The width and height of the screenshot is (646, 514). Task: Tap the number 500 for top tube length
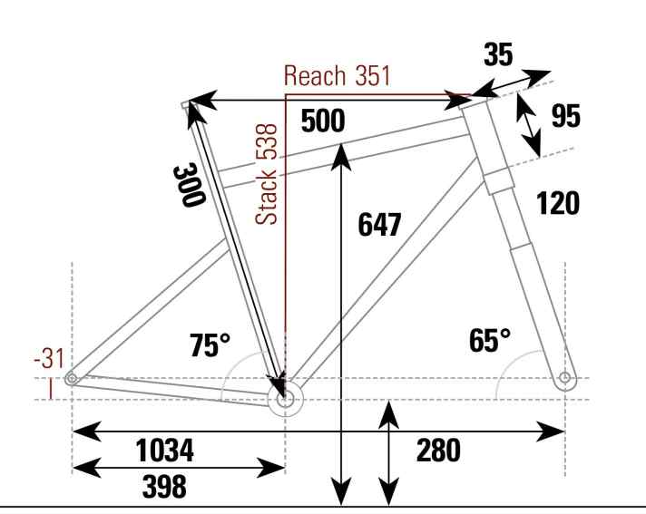(x=322, y=122)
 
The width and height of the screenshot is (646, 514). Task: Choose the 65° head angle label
(x=490, y=341)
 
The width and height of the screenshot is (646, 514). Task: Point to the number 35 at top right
(x=496, y=55)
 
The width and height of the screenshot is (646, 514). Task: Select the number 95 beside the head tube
(x=566, y=117)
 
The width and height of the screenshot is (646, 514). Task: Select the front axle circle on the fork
(x=565, y=377)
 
